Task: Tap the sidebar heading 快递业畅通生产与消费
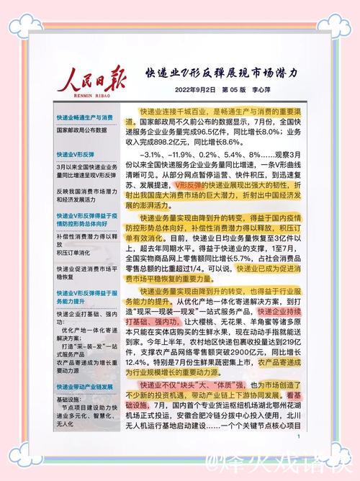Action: click(86, 117)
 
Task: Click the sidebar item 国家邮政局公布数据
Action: click(81, 130)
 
